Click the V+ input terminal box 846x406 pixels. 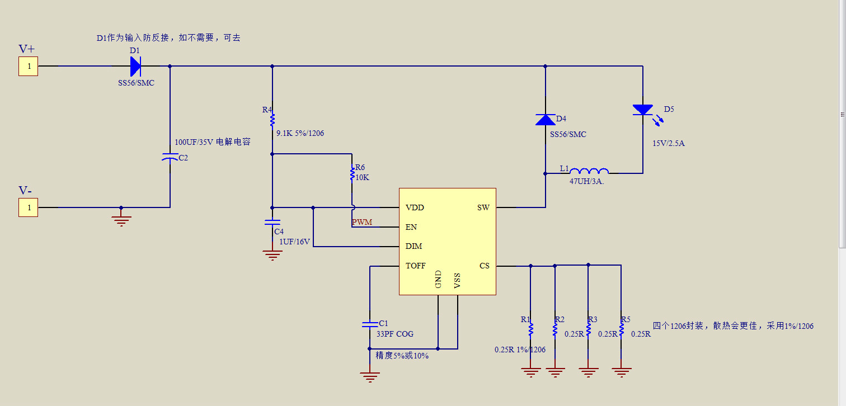pos(29,67)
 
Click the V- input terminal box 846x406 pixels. pos(29,207)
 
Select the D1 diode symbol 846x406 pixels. pos(135,67)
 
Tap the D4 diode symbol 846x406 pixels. pos(546,120)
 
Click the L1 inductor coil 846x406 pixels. pos(589,171)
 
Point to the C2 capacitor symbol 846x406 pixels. pos(170,157)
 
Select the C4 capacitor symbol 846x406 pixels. pos(272,222)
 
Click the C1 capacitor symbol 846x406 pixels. pos(370,324)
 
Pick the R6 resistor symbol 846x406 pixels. pos(352,174)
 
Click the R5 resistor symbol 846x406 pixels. pos(621,329)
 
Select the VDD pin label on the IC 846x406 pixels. pos(415,207)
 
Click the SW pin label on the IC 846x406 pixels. pos(483,207)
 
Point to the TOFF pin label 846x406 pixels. pos(415,266)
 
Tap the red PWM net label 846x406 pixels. pos(362,222)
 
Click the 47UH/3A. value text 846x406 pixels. pos(586,181)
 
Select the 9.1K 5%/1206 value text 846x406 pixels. pos(300,133)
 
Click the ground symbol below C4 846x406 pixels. pos(272,255)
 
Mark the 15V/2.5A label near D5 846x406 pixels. pos(669,143)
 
